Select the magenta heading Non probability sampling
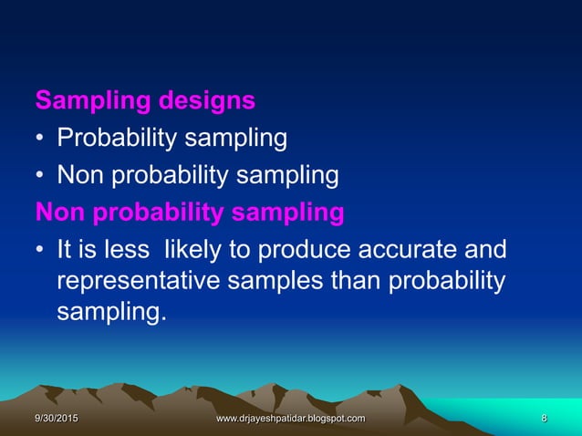pyautogui.click(x=190, y=213)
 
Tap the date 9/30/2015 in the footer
pyautogui.click(x=57, y=418)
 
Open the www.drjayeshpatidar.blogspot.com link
pyautogui.click(x=290, y=418)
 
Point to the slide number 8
pyautogui.click(x=544, y=418)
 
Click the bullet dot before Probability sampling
pyautogui.click(x=40, y=140)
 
